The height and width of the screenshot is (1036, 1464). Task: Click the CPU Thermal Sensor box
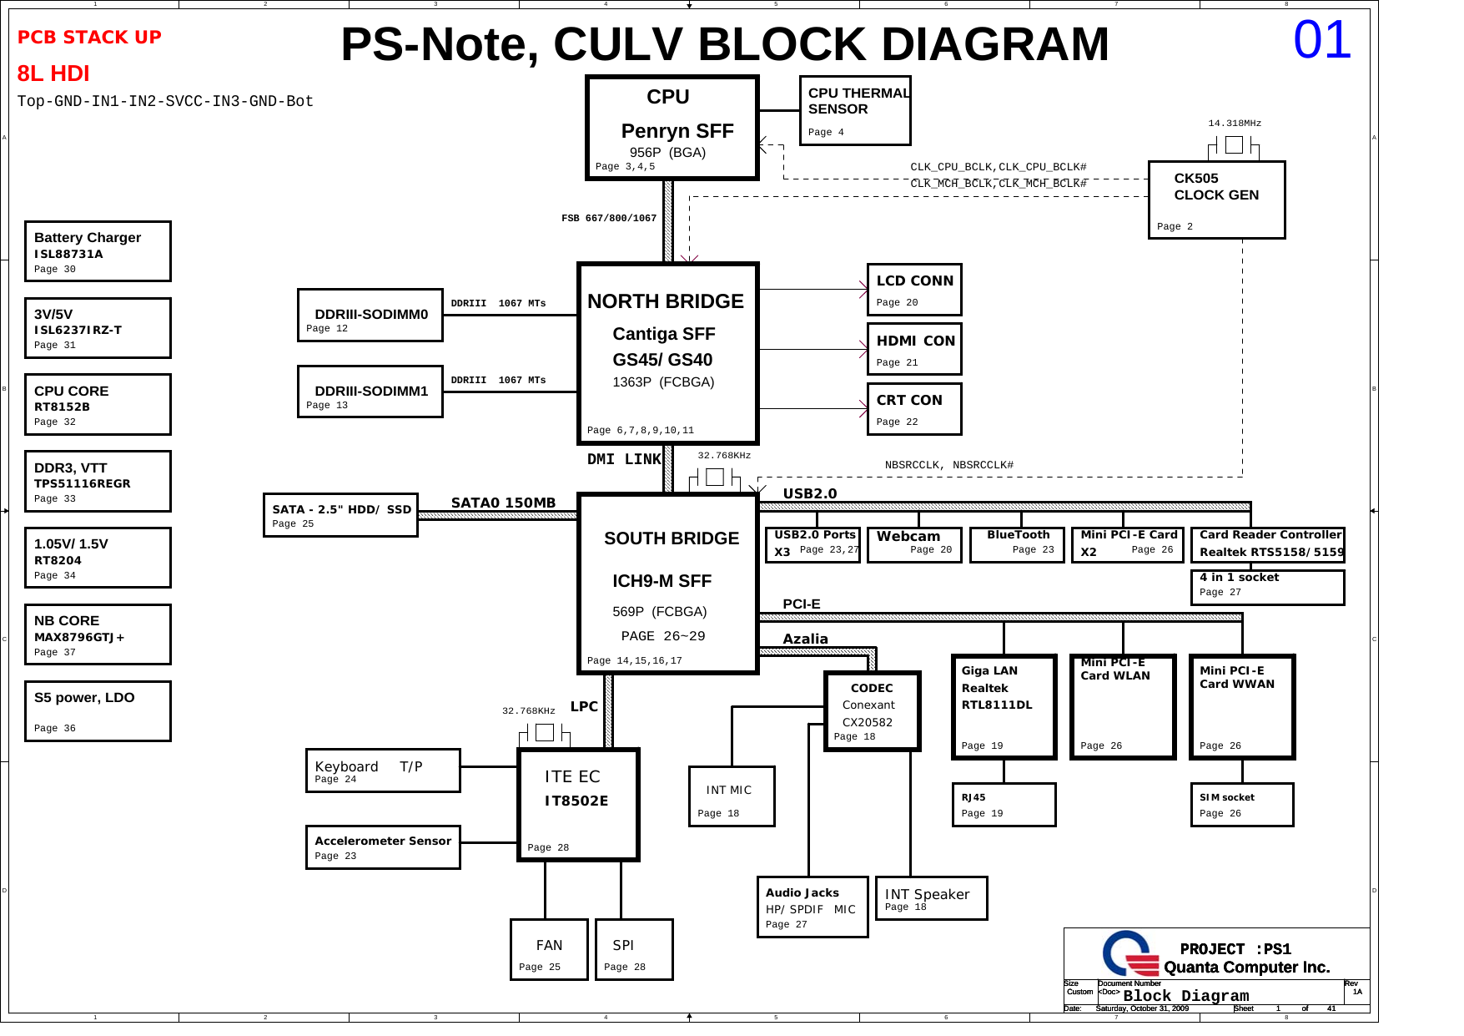[x=854, y=110]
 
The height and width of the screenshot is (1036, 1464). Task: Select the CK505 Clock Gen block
[x=1215, y=200]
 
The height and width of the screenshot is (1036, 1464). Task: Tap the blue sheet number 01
[x=1321, y=40]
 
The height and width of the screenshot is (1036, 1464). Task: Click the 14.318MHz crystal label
[x=1234, y=124]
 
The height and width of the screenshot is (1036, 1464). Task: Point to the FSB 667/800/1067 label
[x=608, y=219]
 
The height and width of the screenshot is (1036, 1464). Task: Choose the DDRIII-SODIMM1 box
[x=370, y=392]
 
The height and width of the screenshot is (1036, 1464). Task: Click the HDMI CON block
[x=913, y=349]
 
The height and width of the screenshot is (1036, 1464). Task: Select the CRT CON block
[x=913, y=409]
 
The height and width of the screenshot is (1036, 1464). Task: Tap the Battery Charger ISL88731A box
[x=98, y=251]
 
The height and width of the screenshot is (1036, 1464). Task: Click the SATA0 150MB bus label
[x=503, y=503]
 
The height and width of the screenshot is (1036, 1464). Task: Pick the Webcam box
[x=913, y=544]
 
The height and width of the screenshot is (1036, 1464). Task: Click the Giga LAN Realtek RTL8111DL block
[x=1004, y=706]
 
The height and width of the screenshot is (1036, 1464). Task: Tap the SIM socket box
[x=1241, y=805]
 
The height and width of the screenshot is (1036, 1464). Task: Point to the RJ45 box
[x=1004, y=805]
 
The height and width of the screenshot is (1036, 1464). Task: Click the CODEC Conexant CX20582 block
[x=872, y=711]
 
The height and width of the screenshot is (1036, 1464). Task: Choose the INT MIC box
[x=731, y=796]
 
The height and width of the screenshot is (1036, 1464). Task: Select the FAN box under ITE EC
[x=549, y=950]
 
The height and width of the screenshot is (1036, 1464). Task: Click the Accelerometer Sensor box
[x=383, y=847]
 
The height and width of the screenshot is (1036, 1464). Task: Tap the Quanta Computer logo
[x=1129, y=953]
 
